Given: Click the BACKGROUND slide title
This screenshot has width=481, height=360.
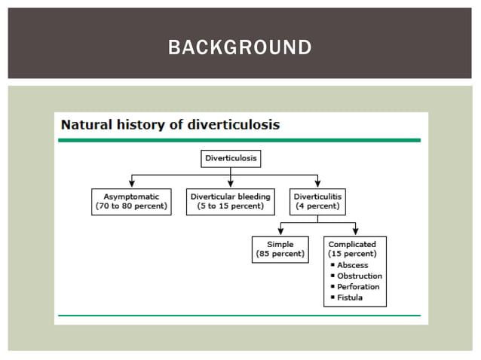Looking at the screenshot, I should (240, 47).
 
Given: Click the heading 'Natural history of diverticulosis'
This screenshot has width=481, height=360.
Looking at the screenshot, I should (170, 124).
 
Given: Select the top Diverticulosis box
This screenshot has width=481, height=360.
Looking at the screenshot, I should (231, 159).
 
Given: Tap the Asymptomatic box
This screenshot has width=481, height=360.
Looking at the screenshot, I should (132, 201).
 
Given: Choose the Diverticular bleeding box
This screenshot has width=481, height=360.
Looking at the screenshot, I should (231, 201).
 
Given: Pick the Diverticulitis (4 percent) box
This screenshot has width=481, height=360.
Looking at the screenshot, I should (317, 201).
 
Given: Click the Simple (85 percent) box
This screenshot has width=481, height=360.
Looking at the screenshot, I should (280, 249).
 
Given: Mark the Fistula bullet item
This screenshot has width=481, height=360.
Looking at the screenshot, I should (350, 297).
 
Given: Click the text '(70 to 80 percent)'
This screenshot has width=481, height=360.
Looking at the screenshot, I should (132, 206).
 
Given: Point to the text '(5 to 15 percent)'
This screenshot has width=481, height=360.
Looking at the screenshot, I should (231, 206).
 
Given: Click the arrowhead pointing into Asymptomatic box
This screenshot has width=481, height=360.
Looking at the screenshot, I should (132, 184).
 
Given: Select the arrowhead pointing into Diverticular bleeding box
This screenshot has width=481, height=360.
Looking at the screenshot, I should (231, 184).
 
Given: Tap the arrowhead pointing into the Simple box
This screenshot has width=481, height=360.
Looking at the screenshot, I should (280, 232).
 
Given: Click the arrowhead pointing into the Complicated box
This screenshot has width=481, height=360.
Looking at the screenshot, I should (356, 232).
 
